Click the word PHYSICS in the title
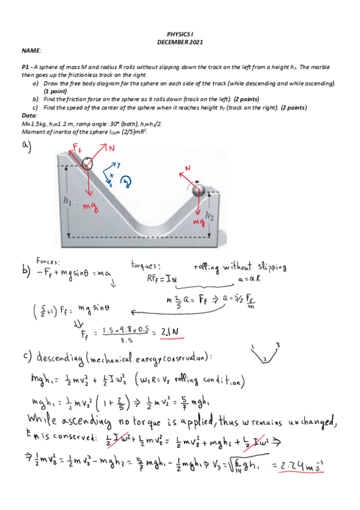click(175, 36)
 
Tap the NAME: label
click(31, 52)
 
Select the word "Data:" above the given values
click(29, 115)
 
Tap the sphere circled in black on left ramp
click(88, 163)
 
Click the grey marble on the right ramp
click(198, 191)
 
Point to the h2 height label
click(209, 215)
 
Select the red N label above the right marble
click(187, 168)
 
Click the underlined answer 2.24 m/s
click(304, 465)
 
